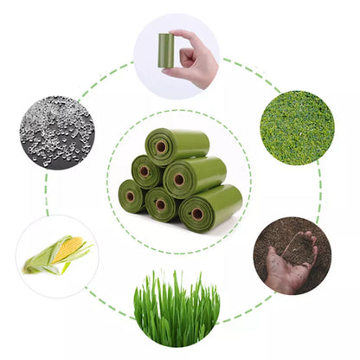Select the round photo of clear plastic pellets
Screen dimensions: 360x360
tap(55, 132)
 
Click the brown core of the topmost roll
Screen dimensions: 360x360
tap(161, 147)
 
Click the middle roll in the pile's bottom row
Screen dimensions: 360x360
tap(161, 203)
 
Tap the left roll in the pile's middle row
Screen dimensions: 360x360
tap(146, 170)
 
